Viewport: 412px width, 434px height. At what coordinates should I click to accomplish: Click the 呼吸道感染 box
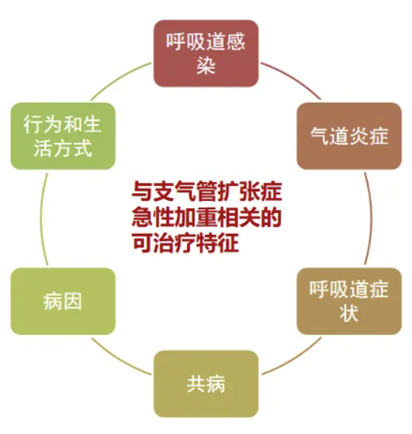click(x=206, y=53)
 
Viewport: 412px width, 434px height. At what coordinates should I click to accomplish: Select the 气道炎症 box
click(x=349, y=136)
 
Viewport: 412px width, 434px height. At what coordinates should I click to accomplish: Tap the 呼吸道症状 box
click(x=349, y=301)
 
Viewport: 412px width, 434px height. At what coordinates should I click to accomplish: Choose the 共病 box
click(x=206, y=384)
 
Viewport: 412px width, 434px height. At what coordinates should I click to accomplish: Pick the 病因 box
click(x=63, y=301)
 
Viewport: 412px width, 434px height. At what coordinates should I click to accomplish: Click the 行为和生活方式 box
click(x=63, y=136)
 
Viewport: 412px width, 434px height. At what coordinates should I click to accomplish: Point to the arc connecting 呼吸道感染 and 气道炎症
click(x=294, y=77)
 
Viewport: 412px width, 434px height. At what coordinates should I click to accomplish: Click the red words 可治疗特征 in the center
click(x=185, y=243)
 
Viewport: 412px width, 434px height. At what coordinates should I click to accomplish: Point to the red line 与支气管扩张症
click(x=206, y=190)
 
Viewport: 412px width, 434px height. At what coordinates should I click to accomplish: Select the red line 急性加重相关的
click(x=206, y=217)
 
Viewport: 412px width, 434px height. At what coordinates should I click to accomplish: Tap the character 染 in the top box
click(x=206, y=65)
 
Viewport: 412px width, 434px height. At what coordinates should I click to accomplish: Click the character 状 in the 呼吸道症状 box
click(x=349, y=313)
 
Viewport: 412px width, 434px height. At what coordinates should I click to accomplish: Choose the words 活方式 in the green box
click(x=63, y=148)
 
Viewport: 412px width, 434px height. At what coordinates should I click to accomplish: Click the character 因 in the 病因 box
click(x=73, y=301)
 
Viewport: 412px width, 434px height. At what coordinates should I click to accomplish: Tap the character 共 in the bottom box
click(x=196, y=384)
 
